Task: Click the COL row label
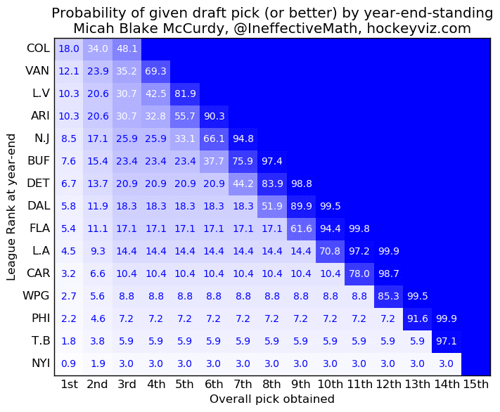pos(38,49)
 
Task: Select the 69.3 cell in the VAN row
pos(156,71)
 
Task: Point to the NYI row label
pos(39,363)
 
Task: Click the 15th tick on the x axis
pos(475,384)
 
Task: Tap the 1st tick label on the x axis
pos(69,384)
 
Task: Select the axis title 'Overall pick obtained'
pos(271,399)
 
